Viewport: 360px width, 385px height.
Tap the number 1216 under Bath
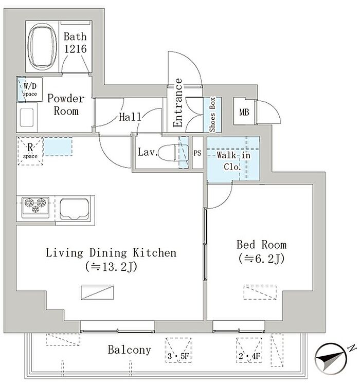(x=75, y=49)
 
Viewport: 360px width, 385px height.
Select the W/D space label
(x=30, y=89)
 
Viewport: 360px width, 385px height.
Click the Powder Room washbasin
(x=27, y=117)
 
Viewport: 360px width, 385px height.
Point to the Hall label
(x=130, y=117)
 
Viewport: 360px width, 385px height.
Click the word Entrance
(x=177, y=103)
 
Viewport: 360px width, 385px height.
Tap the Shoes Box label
(x=212, y=115)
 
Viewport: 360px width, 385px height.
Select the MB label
(x=244, y=113)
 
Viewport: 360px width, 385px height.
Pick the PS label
(x=197, y=153)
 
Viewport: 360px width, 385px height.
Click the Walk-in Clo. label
(x=233, y=161)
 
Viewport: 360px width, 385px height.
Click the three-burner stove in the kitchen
(x=35, y=207)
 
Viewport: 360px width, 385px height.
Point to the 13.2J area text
(x=111, y=267)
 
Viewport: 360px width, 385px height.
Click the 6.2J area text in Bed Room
(x=261, y=259)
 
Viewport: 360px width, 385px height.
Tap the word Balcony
(x=129, y=350)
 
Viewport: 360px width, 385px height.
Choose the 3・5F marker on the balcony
(x=178, y=356)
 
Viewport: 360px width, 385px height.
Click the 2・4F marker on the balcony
(x=249, y=356)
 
